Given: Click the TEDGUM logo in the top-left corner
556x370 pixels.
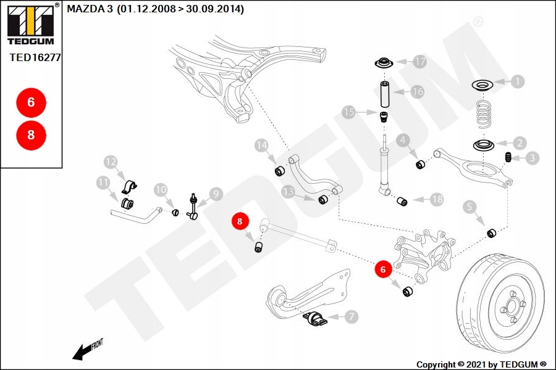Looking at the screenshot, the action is pos(31,24).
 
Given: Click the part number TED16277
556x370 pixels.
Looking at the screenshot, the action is pos(35,57).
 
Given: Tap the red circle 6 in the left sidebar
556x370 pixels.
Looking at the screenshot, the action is pos(32,102).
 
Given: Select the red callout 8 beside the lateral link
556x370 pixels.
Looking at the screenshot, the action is pos(240,221).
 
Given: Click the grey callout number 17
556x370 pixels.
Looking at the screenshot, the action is pos(420,62).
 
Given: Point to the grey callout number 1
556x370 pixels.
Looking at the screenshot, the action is pos(518,81).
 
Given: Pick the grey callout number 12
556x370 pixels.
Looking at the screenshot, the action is pos(111,162).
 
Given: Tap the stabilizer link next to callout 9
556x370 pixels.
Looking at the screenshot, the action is pos(193,207).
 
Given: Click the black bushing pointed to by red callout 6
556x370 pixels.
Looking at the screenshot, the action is pos(408,292).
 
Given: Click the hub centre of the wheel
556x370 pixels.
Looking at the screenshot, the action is pos(511,305).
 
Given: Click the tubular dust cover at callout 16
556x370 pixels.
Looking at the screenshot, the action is pos(385,94).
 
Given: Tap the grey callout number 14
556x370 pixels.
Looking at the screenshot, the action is pos(261,146).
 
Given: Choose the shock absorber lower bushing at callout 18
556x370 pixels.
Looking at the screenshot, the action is pos(402,202).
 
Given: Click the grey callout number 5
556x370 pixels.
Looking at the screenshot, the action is pos(470,207).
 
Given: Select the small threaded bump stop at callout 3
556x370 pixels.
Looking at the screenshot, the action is pos(508,157).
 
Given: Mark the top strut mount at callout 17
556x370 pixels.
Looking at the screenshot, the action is pos(384,64).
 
